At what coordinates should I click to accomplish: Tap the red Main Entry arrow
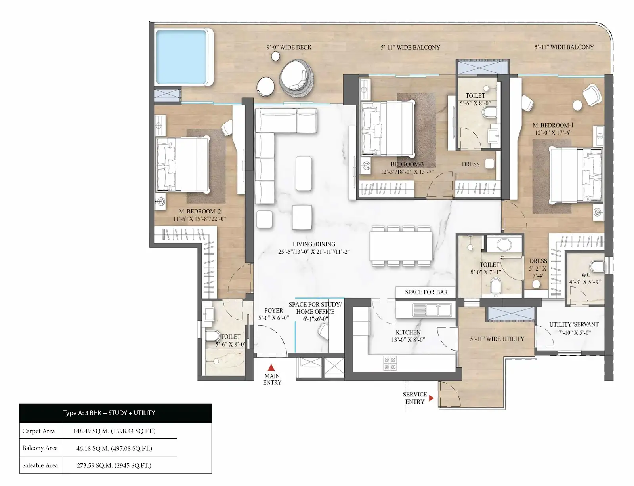pos(271,368)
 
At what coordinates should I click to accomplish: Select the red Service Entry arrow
pos(432,398)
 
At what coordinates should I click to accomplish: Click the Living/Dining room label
pos(314,248)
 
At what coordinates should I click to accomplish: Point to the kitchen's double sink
pos(431,309)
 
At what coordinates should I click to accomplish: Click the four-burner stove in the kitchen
pos(390,363)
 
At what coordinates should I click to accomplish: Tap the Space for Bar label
pos(426,292)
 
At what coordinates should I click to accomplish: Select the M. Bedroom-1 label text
pos(553,129)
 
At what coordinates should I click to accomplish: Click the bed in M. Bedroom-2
pos(182,164)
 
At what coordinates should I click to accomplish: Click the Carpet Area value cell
pos(115,431)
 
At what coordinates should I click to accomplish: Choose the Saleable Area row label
pos(40,465)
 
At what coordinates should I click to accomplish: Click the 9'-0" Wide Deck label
pos(289,47)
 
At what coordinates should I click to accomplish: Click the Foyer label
pos(274,314)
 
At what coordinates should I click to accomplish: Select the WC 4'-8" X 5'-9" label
pos(585,278)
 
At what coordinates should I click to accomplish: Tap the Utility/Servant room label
pos(574,328)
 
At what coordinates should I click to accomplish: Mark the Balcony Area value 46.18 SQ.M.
pos(114,448)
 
